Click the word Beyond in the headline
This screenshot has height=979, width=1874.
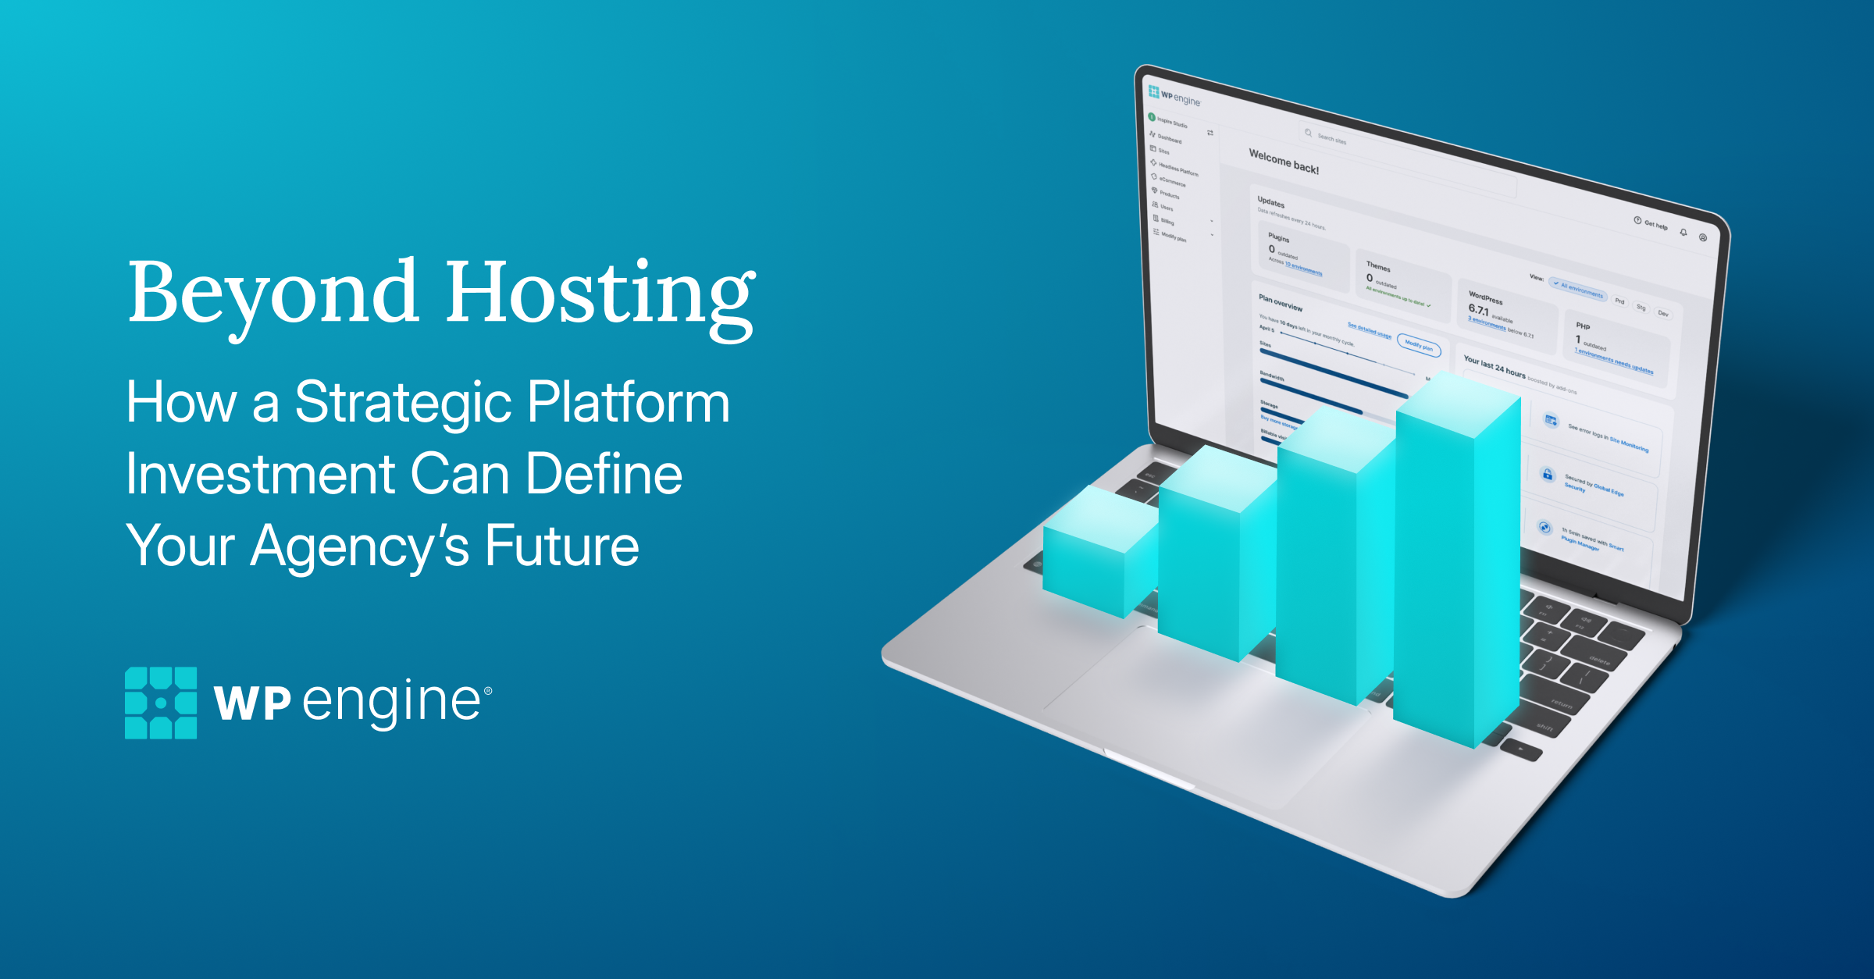(273, 293)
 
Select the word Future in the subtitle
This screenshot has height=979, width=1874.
(561, 546)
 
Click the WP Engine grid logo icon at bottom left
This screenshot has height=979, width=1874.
(161, 703)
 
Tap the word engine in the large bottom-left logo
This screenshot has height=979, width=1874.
(391, 701)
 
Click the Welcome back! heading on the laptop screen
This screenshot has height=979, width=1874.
(1284, 162)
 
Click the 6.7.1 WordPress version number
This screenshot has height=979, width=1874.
(1478, 309)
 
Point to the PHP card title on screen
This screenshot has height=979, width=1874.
(1583, 326)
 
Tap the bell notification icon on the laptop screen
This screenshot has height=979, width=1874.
(1683, 232)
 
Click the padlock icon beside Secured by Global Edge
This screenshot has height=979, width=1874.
(1548, 474)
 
